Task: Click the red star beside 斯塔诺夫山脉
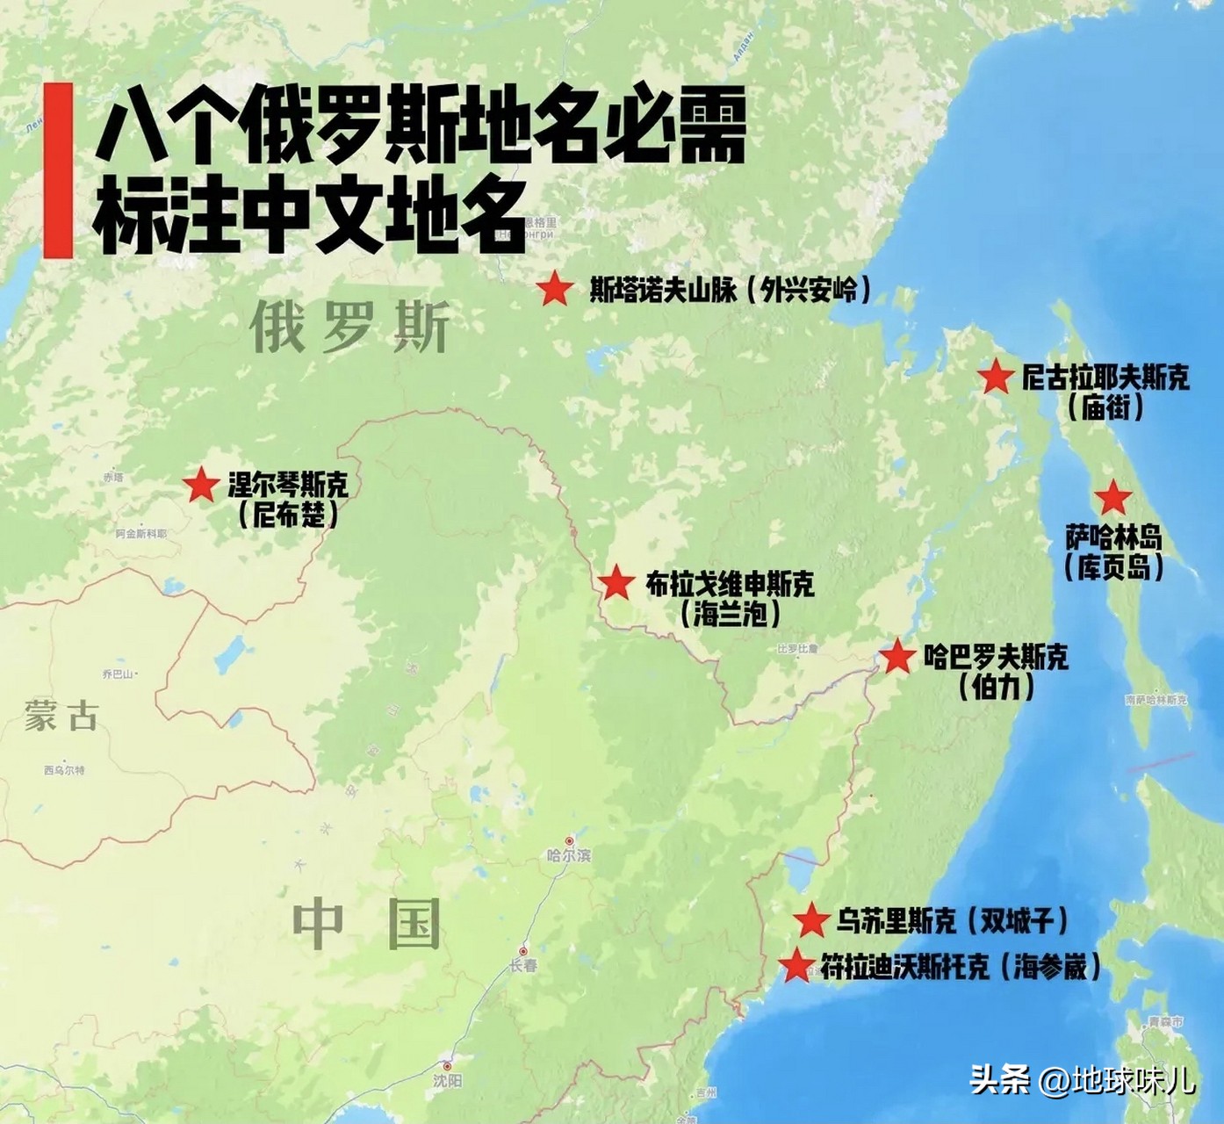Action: tap(555, 289)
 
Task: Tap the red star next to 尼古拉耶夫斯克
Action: tap(996, 378)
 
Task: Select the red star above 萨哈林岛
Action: tap(1113, 498)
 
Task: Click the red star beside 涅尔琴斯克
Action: tap(201, 484)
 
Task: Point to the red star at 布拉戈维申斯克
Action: tap(616, 583)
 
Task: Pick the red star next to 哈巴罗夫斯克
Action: tap(897, 657)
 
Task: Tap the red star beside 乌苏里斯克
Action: tap(811, 920)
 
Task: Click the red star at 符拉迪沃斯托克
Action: tap(797, 966)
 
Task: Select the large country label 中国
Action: tap(367, 924)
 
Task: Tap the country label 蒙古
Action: tap(61, 716)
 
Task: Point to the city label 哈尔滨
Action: tap(569, 854)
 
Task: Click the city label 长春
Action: tap(522, 965)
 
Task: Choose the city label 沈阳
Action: tap(447, 1080)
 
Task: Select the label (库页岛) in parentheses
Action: tap(1114, 566)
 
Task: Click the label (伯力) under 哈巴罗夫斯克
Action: tap(997, 686)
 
